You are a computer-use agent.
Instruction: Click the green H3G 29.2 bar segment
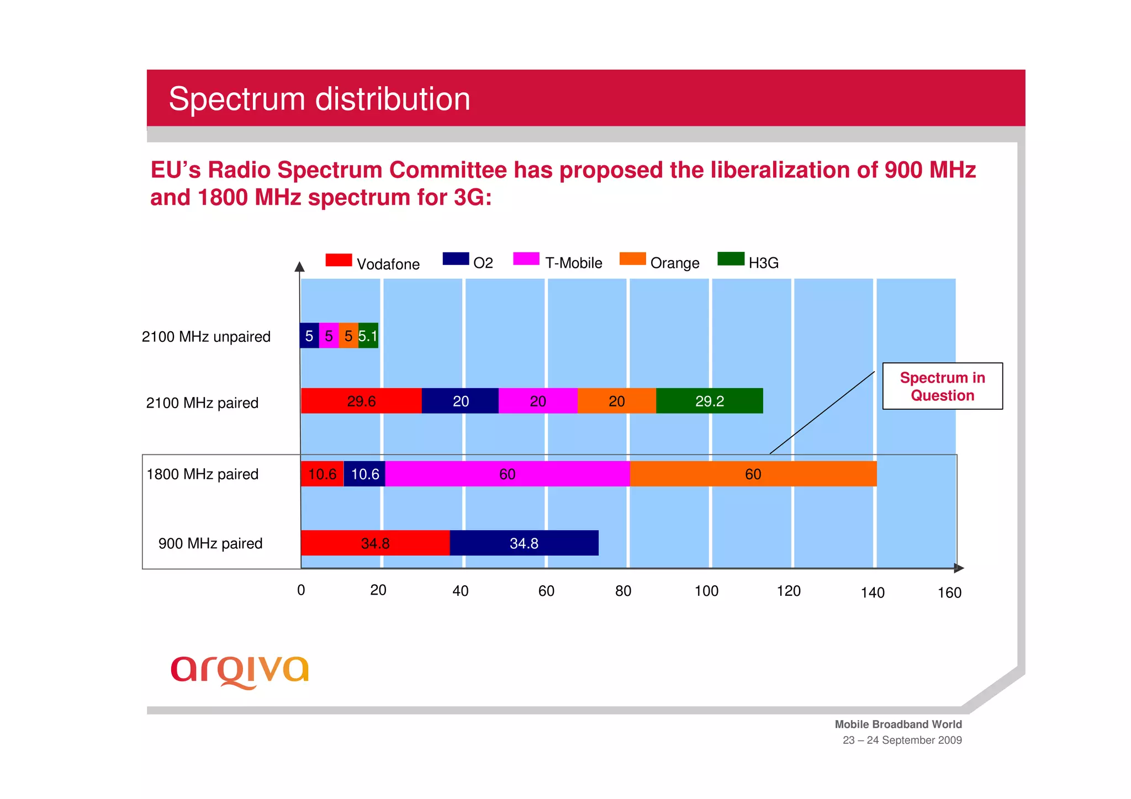(x=709, y=401)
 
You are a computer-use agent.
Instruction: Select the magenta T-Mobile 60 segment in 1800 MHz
(x=507, y=474)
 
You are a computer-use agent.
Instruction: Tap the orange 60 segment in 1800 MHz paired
(x=753, y=474)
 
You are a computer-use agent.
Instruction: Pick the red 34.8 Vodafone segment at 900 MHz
(x=375, y=543)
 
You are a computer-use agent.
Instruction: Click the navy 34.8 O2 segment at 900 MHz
(x=524, y=543)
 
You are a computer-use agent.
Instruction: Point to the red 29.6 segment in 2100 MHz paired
(x=361, y=401)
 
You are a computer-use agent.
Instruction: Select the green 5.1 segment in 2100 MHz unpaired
(x=368, y=336)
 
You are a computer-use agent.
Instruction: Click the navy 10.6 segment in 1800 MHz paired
(x=364, y=474)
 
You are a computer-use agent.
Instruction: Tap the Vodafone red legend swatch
(x=339, y=260)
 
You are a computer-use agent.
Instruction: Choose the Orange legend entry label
(x=674, y=263)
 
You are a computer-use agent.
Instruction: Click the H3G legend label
(x=763, y=263)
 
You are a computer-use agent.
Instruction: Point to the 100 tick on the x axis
(x=706, y=591)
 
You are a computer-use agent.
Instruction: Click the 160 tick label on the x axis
(x=949, y=592)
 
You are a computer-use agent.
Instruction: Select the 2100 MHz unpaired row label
(x=206, y=337)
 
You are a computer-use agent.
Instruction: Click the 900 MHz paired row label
(x=210, y=543)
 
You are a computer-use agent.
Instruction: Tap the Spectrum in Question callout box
(x=942, y=386)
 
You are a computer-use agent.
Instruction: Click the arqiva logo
(x=240, y=671)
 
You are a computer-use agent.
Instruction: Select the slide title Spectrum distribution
(x=319, y=99)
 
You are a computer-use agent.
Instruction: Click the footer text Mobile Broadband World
(x=898, y=724)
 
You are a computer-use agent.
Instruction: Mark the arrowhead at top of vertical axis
(x=299, y=267)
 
